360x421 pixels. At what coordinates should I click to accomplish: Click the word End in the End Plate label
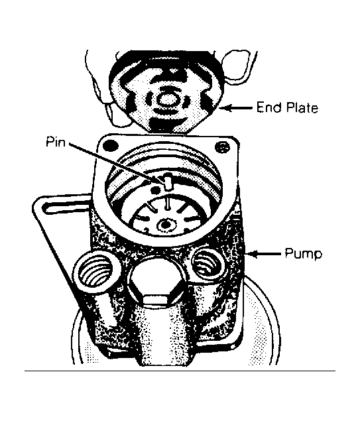pos(269,107)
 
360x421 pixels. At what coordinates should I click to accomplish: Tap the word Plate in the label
pos(302,107)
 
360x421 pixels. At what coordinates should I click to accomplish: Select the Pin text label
pos(56,141)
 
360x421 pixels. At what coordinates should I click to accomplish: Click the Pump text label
pos(304,254)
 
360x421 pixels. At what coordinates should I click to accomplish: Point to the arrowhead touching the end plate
pos(225,108)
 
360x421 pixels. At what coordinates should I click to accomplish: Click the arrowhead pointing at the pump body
pos(252,253)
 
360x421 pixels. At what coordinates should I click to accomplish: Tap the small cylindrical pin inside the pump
pos(168,182)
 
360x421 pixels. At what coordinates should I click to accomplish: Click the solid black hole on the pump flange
pos(111,145)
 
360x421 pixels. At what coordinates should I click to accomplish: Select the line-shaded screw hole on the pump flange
pos(223,147)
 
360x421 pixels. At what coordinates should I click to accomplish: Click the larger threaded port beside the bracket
pos(96,274)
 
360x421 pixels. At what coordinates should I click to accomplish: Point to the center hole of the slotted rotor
pos(166,223)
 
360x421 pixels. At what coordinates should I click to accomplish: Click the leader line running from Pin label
pos(117,162)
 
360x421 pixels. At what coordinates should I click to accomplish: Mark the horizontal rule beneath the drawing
pos(180,371)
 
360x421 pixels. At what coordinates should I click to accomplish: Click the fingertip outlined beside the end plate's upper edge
pos(236,66)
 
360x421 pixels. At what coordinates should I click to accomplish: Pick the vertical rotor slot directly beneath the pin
pos(168,204)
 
